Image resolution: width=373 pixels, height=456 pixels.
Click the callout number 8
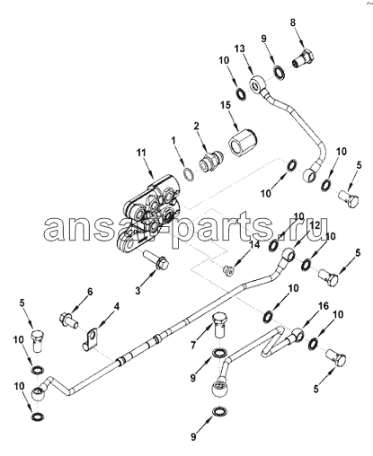coord(293,22)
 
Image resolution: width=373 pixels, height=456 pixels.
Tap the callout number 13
coord(240,48)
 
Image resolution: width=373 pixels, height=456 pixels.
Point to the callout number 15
coord(226,105)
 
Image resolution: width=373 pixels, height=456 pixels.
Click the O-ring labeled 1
coord(189,175)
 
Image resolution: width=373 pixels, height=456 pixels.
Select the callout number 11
coord(140,153)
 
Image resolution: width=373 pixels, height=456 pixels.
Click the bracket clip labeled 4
coord(92,339)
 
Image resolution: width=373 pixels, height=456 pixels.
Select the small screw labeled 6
coord(69,320)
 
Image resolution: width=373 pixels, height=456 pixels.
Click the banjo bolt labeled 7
coord(220,325)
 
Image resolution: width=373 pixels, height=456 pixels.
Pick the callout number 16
coord(324,306)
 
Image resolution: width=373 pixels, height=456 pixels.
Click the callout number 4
coord(117,306)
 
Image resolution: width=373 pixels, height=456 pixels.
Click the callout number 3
coord(138,291)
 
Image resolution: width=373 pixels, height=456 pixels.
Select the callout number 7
coord(193,346)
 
